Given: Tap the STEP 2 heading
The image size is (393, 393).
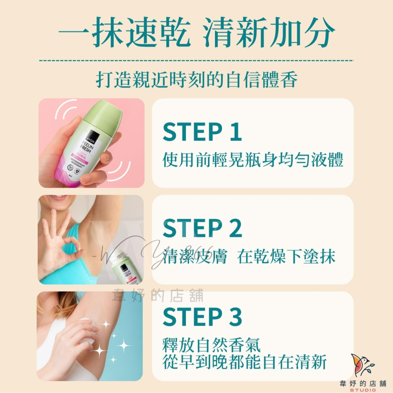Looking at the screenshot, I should point(202,229).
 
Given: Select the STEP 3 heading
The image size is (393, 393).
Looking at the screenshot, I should point(202,317).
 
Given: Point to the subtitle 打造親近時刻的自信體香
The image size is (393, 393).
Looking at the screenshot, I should point(196,79).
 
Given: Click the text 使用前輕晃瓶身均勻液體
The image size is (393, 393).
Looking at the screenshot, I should point(253,160).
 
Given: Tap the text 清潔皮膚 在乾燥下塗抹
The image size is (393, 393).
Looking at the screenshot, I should point(249,256).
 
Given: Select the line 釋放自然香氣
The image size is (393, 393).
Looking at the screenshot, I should point(211,346).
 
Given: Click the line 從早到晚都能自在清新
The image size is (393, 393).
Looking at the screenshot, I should point(244,362).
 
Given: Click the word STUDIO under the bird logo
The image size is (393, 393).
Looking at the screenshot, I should point(362,389).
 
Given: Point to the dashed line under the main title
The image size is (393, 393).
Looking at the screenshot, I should point(196,61).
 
